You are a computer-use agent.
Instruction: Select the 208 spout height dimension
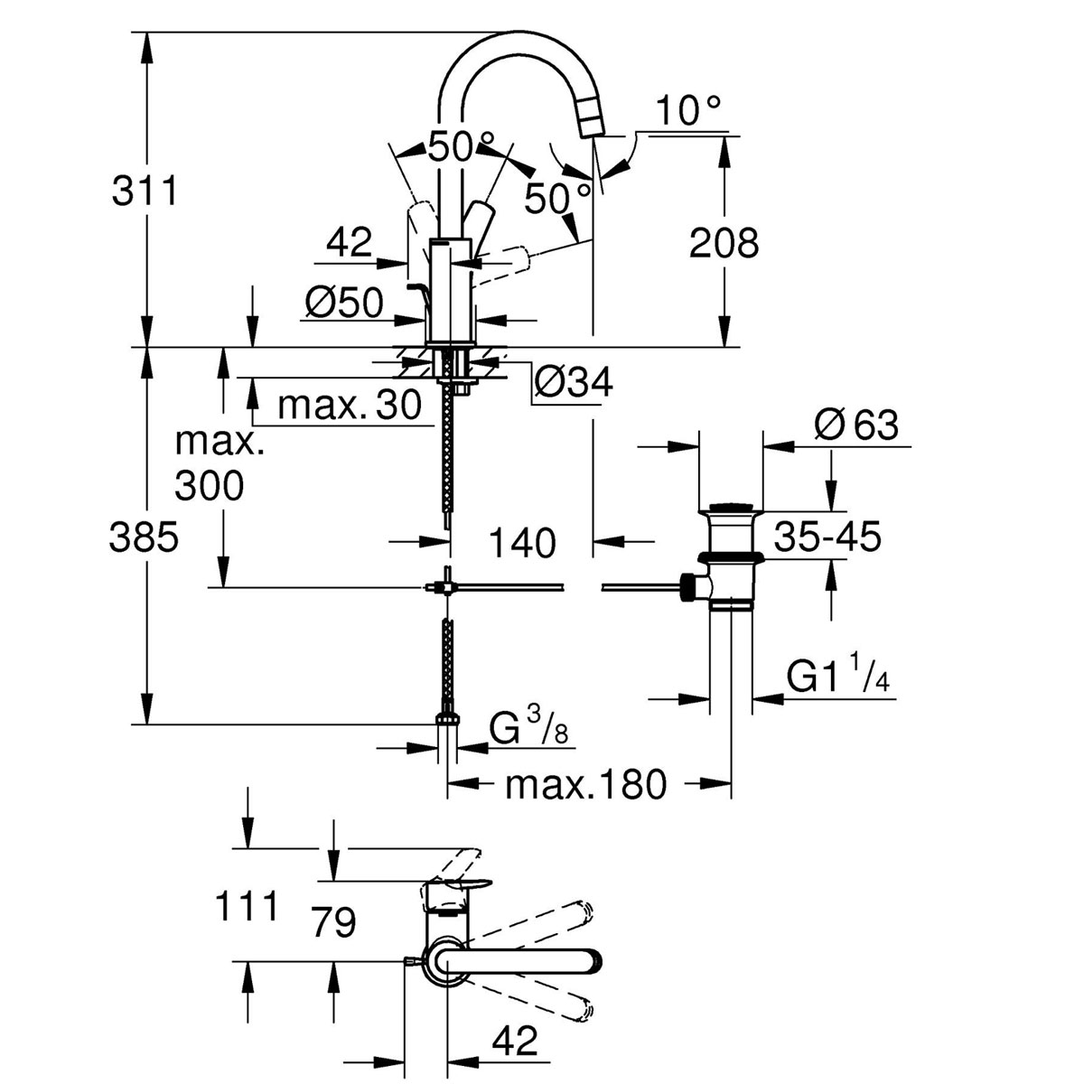724,243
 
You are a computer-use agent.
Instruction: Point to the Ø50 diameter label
344,303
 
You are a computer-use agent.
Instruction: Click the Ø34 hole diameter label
573,383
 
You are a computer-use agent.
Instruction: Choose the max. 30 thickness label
350,406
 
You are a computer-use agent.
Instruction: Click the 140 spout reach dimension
523,543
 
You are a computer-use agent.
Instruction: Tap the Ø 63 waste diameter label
855,425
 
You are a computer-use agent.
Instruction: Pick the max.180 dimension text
585,784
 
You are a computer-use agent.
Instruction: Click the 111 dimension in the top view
246,905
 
